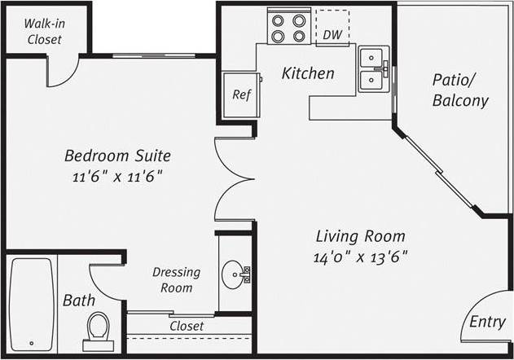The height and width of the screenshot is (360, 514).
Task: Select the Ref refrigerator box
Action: (241, 94)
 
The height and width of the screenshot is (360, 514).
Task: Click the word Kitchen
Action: (307, 73)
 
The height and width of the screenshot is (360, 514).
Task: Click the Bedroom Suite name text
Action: (118, 156)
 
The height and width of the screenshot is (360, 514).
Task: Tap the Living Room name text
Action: (361, 237)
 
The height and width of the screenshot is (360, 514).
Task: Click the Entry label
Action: (487, 322)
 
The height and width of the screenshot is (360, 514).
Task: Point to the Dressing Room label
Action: (172, 279)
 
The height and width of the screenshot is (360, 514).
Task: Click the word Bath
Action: (78, 301)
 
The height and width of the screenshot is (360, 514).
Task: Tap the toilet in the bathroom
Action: (99, 330)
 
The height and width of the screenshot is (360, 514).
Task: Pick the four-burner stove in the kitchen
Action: (288, 29)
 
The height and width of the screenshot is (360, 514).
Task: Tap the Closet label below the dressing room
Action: (186, 326)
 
